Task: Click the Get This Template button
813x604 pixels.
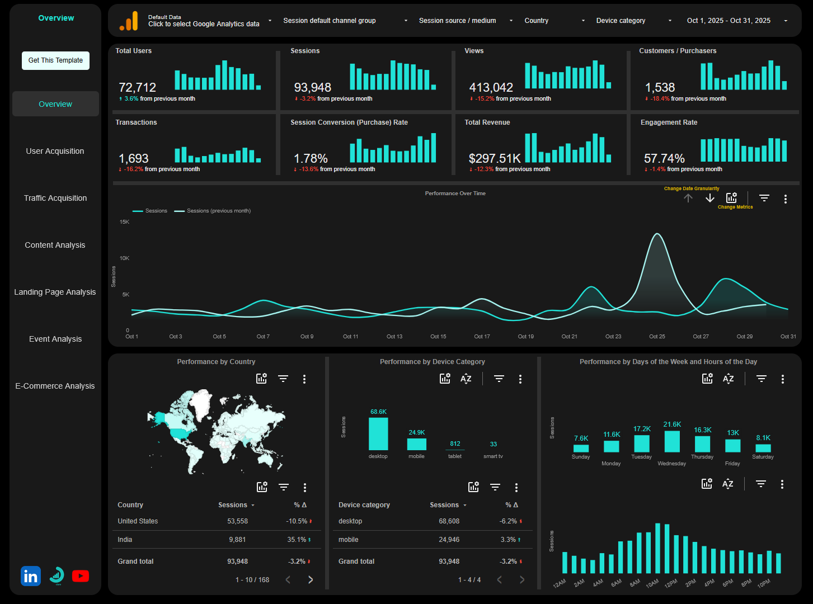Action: [55, 60]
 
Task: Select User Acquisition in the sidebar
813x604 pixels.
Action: [55, 151]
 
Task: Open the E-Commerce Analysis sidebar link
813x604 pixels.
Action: [55, 386]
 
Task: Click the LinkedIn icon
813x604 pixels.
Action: [31, 576]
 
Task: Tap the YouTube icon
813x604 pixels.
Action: [81, 576]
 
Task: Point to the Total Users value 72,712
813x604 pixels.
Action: [138, 88]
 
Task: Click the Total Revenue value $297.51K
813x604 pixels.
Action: [495, 159]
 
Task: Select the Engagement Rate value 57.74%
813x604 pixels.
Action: [664, 159]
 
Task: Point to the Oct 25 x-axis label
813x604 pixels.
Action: [657, 337]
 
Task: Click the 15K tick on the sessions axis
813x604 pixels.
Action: [124, 222]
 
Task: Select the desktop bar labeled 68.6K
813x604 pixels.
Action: [378, 434]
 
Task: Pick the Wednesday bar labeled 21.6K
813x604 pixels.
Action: [672, 442]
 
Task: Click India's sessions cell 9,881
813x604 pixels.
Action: [237, 540]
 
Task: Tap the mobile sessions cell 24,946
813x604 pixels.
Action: [449, 540]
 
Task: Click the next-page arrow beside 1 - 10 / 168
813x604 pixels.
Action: [311, 580]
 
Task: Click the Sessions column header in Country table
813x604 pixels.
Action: [233, 505]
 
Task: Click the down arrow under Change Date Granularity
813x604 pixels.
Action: [710, 199]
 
